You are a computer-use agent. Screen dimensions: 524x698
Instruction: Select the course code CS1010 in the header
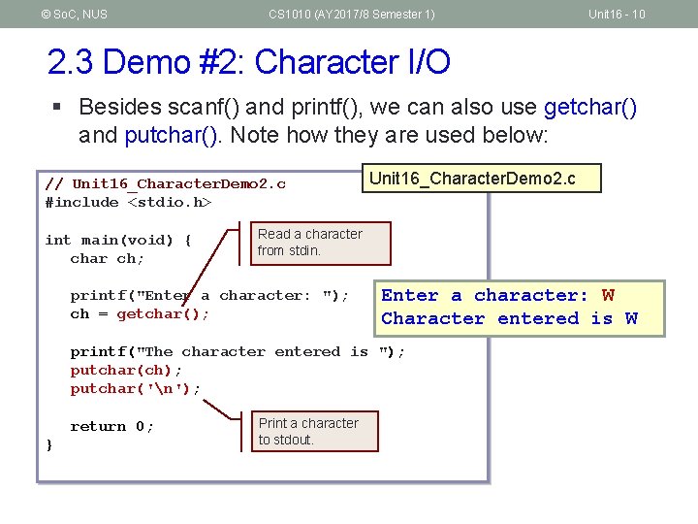coord(287,14)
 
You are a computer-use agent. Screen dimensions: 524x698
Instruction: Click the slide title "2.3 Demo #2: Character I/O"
coord(248,62)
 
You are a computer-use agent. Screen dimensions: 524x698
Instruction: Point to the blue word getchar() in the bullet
coord(590,107)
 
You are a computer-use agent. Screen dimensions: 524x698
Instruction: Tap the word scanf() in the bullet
coord(209,107)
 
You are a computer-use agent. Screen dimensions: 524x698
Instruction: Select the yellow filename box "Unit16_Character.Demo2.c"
coord(481,179)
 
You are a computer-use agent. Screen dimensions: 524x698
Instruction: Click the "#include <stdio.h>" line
coord(128,203)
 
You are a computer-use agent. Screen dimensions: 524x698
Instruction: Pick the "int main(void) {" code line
coord(118,240)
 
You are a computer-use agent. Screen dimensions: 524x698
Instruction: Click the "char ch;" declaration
coord(107,258)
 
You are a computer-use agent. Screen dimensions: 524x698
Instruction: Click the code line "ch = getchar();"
coord(140,313)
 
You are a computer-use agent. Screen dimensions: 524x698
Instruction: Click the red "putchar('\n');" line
coord(136,388)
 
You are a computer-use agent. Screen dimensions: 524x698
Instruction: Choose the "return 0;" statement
coord(111,426)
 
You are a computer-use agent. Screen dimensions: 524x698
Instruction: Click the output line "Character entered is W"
coord(509,318)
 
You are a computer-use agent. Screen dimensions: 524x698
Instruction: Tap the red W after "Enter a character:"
coord(608,295)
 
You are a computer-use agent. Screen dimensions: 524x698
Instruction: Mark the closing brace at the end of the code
coord(49,444)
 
